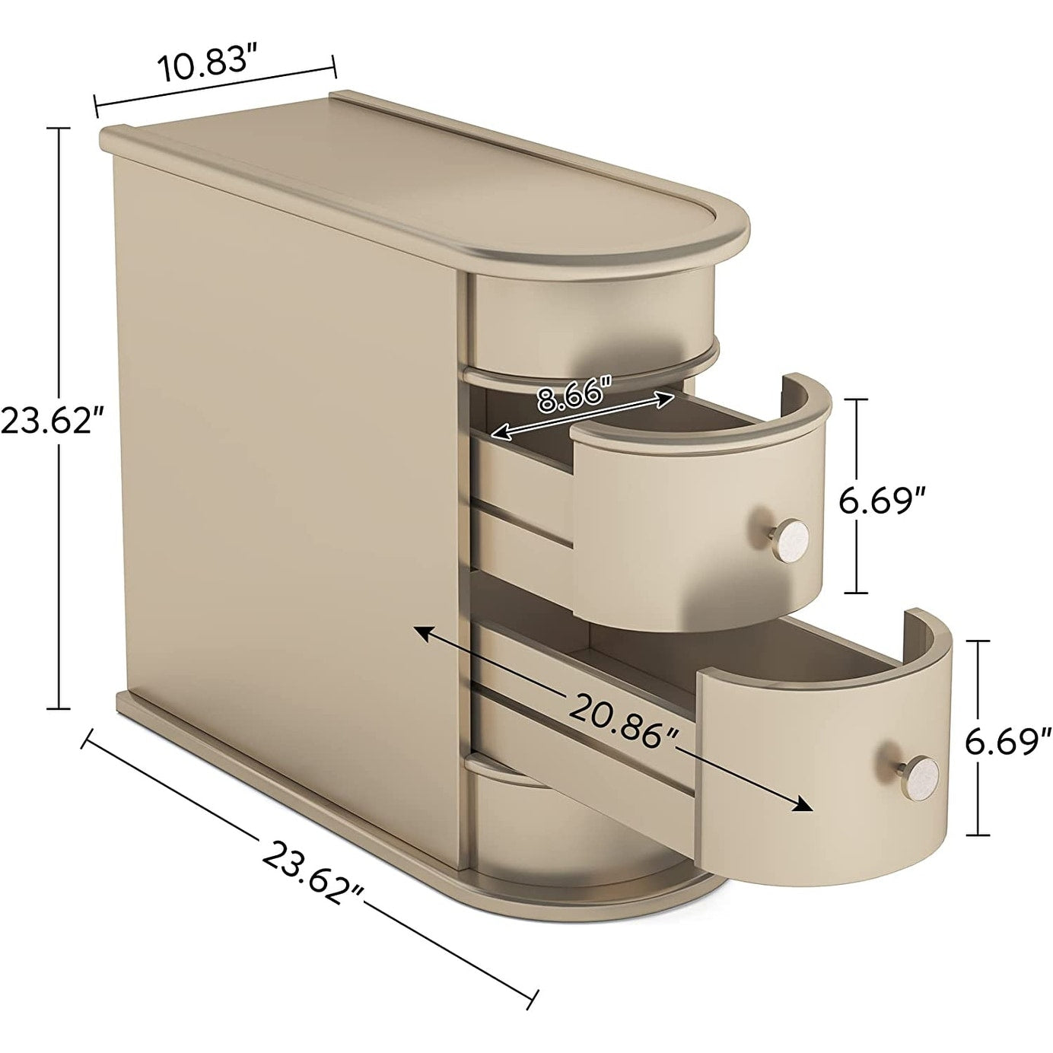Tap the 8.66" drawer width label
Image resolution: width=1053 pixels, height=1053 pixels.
pos(575,396)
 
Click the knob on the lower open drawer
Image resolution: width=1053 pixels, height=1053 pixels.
pos(923,771)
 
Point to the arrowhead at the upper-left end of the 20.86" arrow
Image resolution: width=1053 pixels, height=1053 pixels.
pos(419,631)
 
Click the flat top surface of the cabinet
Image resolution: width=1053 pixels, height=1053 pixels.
pos(426,183)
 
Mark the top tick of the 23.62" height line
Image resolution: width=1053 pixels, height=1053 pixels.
pos(59,129)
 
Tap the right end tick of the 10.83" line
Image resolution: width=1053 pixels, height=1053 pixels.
pos(332,65)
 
